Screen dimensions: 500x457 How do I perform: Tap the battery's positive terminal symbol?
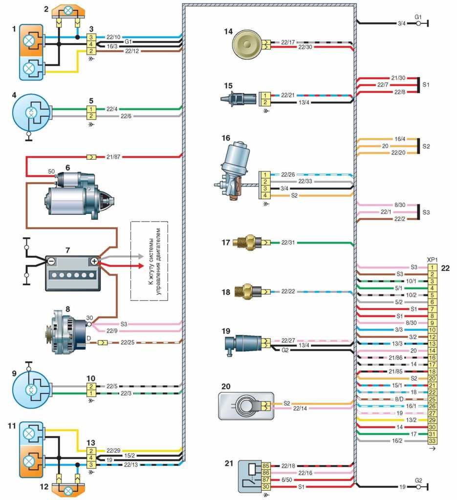pos(93,261)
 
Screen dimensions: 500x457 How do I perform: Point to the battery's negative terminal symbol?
pos(52,261)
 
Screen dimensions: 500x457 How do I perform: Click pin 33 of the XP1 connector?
pos(432,441)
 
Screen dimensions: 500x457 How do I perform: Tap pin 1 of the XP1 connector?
pos(432,268)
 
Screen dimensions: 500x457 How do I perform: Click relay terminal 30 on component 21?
pos(266,487)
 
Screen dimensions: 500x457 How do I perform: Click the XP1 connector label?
pos(432,260)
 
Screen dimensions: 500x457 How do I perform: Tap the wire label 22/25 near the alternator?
pos(126,343)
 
